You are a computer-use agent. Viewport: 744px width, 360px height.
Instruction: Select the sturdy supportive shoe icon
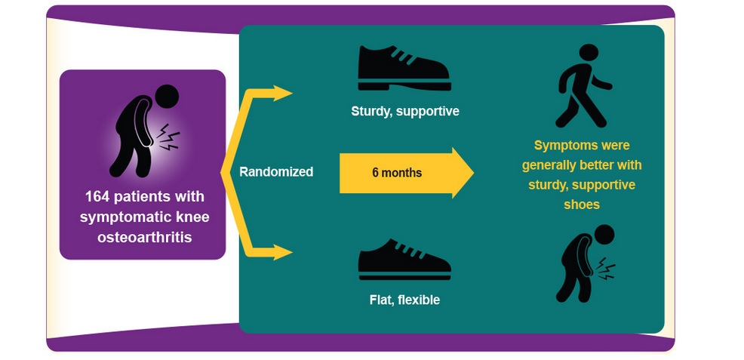coord(404,69)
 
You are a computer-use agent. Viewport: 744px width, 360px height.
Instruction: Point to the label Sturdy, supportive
coord(404,111)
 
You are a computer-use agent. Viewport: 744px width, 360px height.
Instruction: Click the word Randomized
coord(276,172)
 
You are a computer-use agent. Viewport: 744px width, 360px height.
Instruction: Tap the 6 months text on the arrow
coord(397,173)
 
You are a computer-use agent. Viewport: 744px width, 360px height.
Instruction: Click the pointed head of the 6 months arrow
coord(462,173)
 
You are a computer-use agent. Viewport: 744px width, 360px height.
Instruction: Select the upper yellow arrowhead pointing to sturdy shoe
coord(283,94)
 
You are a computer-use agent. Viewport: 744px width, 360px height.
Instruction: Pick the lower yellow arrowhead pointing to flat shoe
coord(283,252)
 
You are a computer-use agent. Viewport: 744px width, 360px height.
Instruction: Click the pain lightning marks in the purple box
coord(168,138)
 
